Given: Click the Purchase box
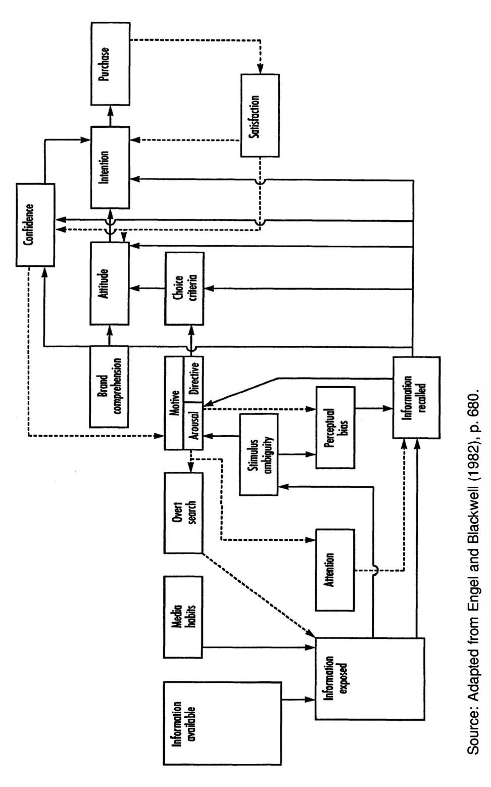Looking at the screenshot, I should [x=110, y=64].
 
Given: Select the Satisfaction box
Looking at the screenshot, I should [x=260, y=115].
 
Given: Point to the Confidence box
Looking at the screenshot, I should [x=35, y=225].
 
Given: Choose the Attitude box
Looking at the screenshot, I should [x=110, y=283].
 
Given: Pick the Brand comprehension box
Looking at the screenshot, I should [x=109, y=387].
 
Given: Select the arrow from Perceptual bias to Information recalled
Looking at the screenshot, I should [x=374, y=408].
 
